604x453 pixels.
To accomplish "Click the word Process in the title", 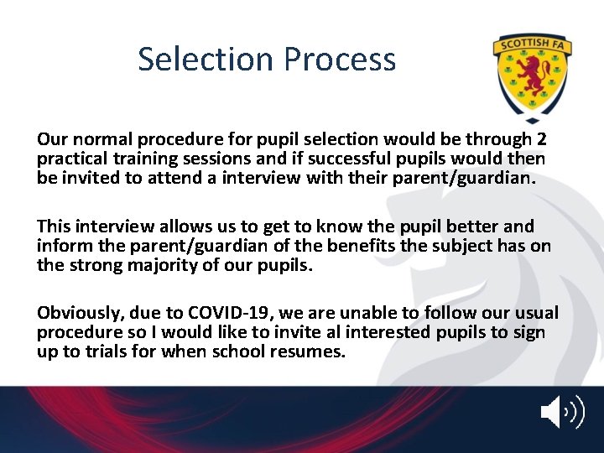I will coord(340,60).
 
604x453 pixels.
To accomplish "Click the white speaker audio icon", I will coord(560,413).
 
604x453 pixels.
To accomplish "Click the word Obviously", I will coord(81,313).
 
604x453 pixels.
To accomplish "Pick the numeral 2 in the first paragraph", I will coord(541,139).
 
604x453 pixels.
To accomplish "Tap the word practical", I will coord(70,158).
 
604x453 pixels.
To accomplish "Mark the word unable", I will coord(354,313).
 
